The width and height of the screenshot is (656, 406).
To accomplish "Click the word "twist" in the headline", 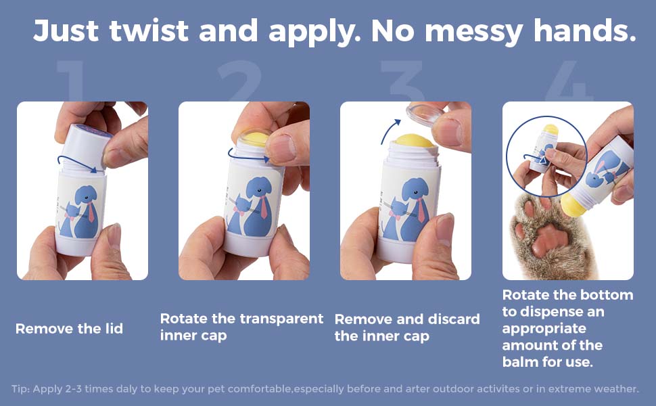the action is coord(149,30).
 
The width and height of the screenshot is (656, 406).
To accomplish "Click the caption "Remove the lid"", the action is coord(69,329).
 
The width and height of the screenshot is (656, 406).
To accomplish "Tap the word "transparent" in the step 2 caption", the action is coord(268,319).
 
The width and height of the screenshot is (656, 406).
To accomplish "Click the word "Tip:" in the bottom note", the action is coord(20,389).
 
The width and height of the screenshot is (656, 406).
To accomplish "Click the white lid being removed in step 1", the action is coord(87,146).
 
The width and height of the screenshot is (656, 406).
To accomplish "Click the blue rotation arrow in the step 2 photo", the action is coord(248,156).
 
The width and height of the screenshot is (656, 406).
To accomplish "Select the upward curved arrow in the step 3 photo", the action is coord(389,130).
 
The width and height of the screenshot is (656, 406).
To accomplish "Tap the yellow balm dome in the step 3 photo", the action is coord(413,140).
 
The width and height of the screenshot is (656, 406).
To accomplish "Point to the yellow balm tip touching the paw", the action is coord(572,204).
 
